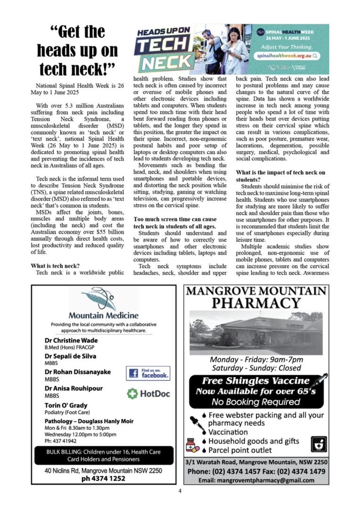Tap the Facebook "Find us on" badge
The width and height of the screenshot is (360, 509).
click(x=148, y=373)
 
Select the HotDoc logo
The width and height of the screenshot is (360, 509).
click(x=148, y=394)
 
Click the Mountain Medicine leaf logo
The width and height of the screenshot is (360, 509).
click(x=98, y=300)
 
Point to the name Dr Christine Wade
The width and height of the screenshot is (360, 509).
click(x=71, y=340)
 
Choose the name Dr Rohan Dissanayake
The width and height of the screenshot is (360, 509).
click(x=78, y=372)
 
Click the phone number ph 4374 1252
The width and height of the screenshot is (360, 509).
click(x=103, y=478)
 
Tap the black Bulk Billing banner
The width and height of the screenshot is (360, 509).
click(x=104, y=455)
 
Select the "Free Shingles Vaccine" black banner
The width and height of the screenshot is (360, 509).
click(x=256, y=391)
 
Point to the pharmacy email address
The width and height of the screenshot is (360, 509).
click(x=256, y=480)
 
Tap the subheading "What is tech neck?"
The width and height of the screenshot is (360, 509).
click(x=55, y=266)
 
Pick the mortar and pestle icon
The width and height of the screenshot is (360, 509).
click(x=318, y=443)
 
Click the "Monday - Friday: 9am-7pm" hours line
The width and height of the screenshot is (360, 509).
click(x=256, y=360)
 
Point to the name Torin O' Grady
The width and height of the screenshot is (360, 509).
click(x=66, y=405)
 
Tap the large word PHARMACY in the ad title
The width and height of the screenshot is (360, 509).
click(x=256, y=303)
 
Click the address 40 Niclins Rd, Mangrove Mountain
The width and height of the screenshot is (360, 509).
click(x=103, y=470)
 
